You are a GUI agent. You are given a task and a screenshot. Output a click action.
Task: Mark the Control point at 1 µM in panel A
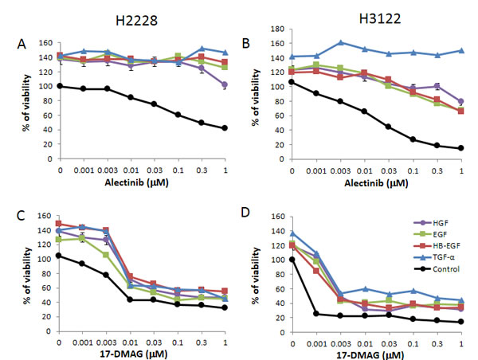(225, 128)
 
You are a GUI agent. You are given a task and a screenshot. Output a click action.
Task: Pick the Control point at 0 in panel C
(58, 256)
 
